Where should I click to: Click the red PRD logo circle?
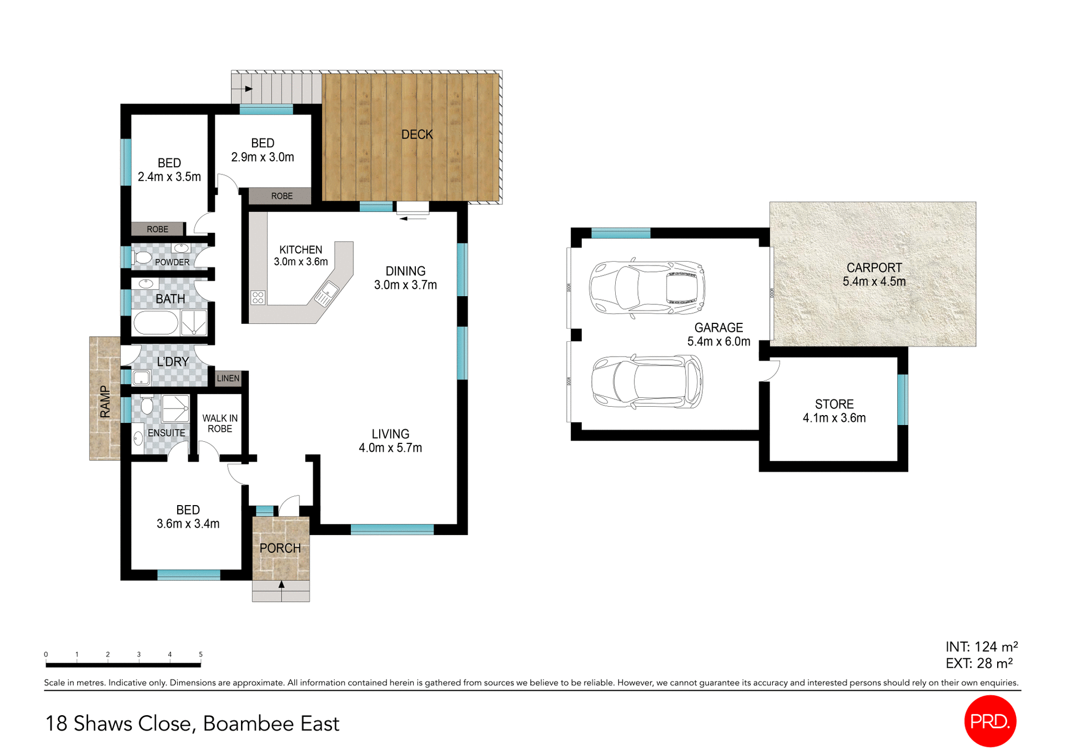point(990,721)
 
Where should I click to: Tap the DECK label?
point(417,134)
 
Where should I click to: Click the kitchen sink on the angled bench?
point(326,293)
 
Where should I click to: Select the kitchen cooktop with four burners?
point(258,297)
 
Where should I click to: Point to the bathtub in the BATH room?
point(155,323)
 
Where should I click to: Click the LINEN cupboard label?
point(228,378)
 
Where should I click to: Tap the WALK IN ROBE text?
point(220,423)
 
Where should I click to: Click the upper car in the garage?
point(647,288)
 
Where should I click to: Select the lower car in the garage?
point(647,382)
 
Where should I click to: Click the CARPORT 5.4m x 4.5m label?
point(874,274)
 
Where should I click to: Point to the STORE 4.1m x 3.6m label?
point(834,411)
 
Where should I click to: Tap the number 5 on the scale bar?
point(200,655)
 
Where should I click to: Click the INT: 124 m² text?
point(981,647)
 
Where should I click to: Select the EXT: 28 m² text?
point(979,663)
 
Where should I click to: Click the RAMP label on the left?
point(105,401)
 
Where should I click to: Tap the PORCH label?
point(280,548)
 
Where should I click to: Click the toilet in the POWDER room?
point(142,258)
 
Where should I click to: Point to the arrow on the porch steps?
point(281,585)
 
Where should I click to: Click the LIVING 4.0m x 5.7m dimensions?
point(390,448)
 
